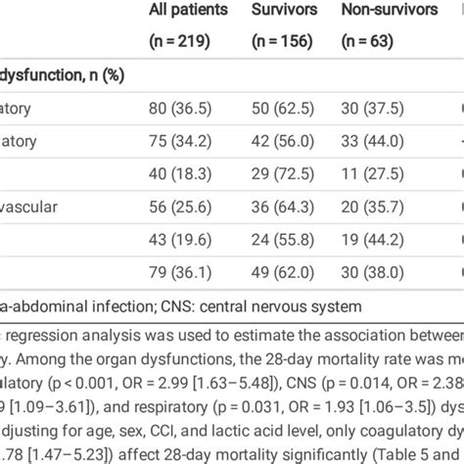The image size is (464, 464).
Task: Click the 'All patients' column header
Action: pyautogui.click(x=188, y=11)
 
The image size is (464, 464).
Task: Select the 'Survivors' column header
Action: pyautogui.click(x=279, y=11)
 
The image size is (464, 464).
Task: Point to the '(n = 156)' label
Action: pyautogui.click(x=278, y=41)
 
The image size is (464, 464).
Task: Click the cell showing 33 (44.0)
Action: pyautogui.click(x=376, y=141)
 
